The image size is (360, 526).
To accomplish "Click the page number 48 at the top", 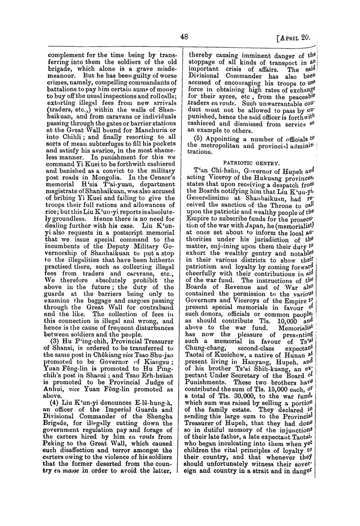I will [x=184, y=37].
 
